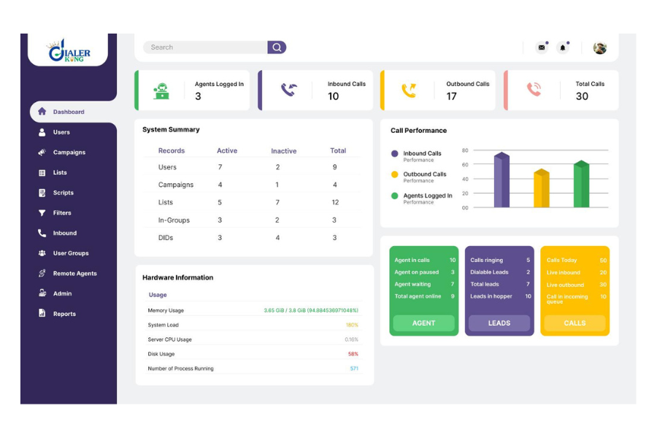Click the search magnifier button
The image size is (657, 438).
(x=277, y=47)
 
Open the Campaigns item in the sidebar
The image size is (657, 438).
(x=69, y=153)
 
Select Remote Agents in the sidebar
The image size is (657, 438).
(x=74, y=274)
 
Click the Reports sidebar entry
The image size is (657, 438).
(x=64, y=314)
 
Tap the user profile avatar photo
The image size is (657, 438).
(x=600, y=47)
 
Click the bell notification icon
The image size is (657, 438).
(x=563, y=47)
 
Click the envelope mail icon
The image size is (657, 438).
(x=542, y=47)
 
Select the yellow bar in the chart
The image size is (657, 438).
(x=541, y=189)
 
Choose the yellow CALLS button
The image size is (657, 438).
(x=575, y=323)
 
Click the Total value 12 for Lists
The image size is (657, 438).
(x=335, y=202)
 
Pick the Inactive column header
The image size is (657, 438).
(x=284, y=151)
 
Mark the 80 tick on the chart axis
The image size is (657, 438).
(x=465, y=150)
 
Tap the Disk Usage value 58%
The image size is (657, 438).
(x=353, y=354)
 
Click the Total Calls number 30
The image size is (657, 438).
(x=582, y=96)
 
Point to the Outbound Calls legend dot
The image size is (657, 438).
(x=395, y=174)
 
